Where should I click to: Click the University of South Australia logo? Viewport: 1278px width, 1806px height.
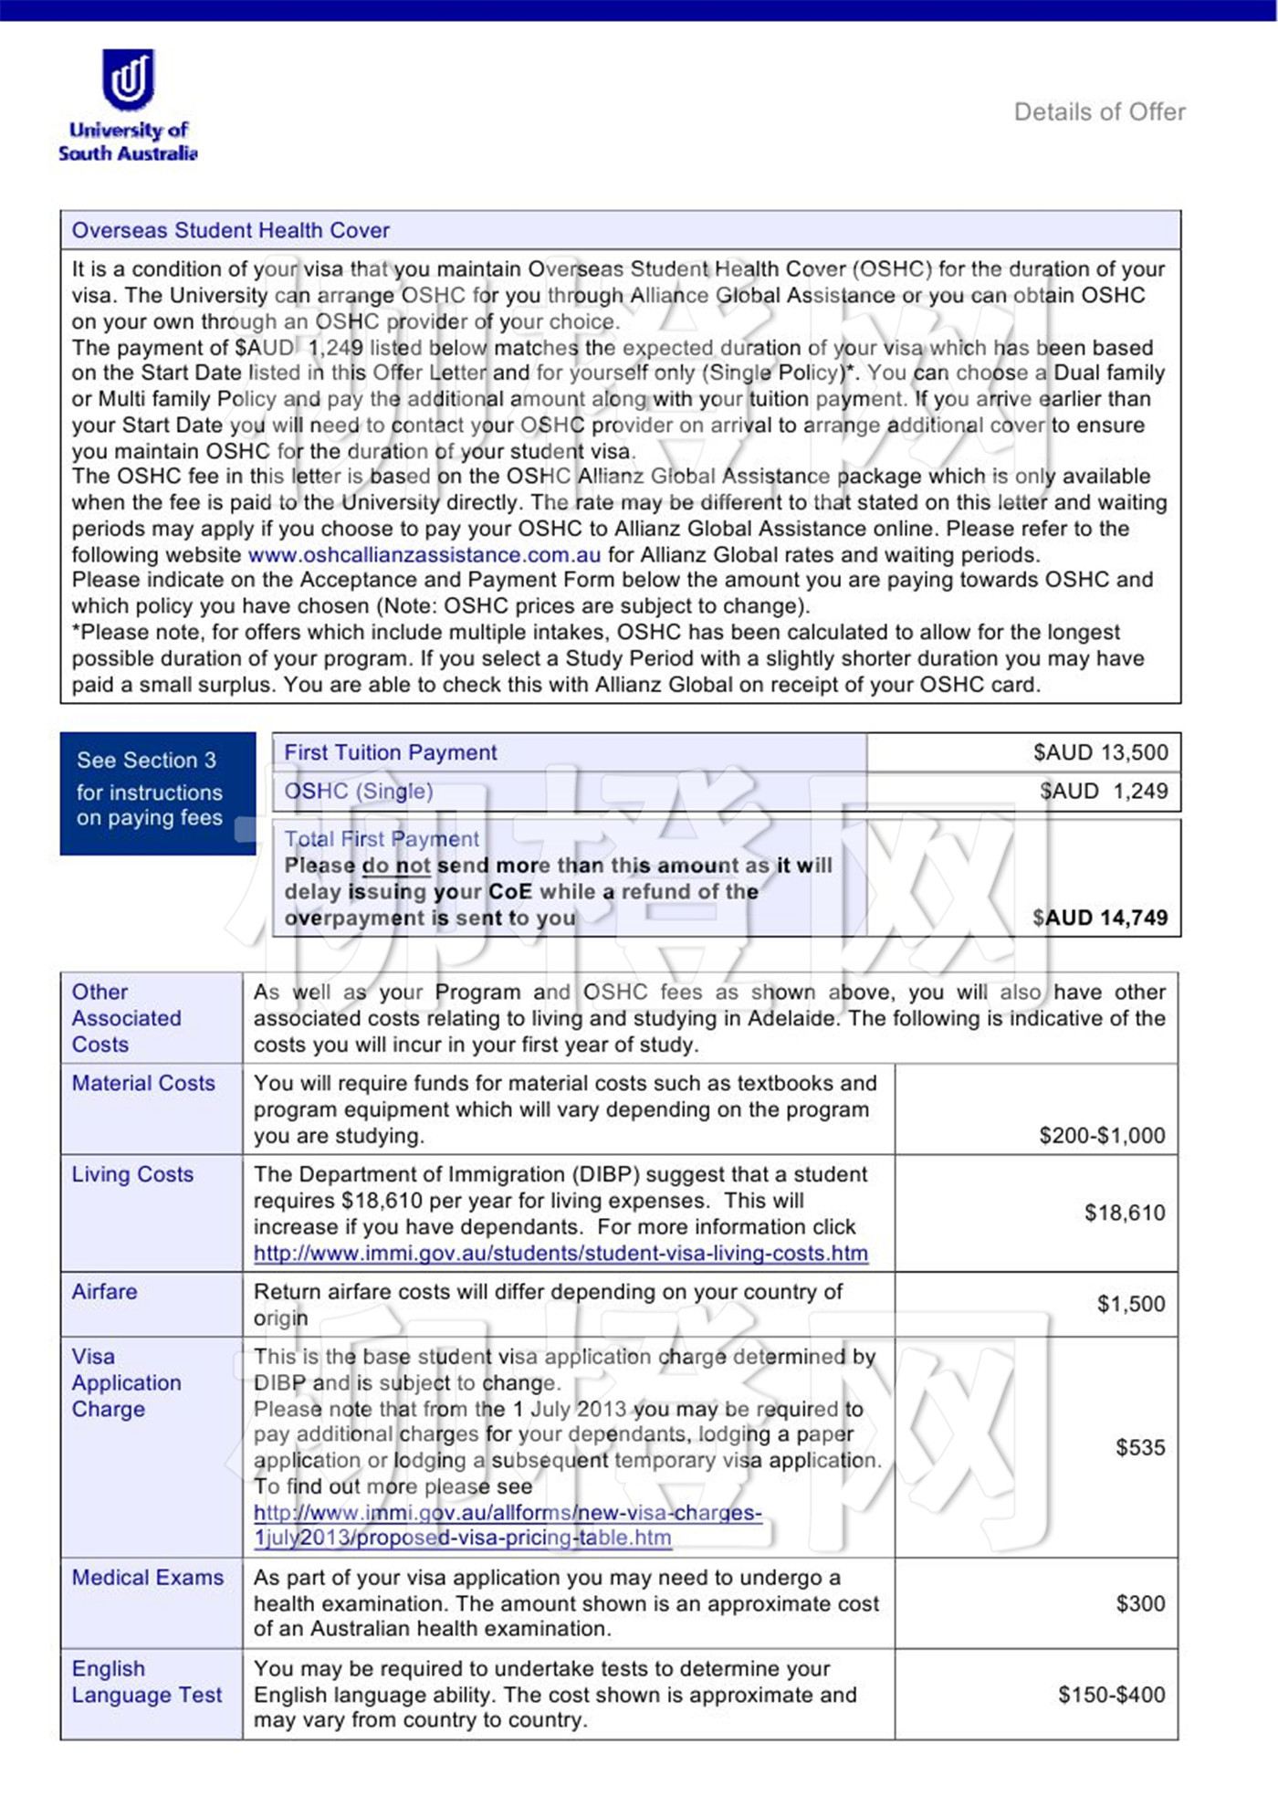[128, 105]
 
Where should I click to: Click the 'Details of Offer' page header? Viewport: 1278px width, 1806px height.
[1099, 112]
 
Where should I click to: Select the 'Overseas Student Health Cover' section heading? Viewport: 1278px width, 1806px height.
[231, 230]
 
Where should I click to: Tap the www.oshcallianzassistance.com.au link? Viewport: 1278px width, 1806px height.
[424, 555]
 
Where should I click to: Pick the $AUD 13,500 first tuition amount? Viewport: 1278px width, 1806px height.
[1100, 752]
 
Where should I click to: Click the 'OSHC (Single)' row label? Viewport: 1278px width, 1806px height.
[359, 791]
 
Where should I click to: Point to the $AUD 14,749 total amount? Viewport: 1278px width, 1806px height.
[1099, 918]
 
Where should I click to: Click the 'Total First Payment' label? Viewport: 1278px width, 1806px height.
[381, 839]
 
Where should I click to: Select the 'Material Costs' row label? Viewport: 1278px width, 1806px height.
[143, 1083]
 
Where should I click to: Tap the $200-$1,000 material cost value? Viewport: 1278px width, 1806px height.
[1102, 1135]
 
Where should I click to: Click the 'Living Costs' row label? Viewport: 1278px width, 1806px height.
[132, 1174]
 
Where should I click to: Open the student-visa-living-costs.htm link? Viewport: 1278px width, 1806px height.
[560, 1254]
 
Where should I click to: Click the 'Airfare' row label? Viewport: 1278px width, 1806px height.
[105, 1292]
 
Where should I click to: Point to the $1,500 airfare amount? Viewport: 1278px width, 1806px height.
[1131, 1304]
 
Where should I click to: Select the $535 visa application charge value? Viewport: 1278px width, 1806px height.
[1140, 1447]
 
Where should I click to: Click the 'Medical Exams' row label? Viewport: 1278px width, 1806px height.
[148, 1578]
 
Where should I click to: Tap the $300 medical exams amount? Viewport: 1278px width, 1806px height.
[1140, 1603]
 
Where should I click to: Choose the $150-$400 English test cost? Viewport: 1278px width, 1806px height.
[1111, 1695]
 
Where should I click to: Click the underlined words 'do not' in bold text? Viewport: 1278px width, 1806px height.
[396, 866]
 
